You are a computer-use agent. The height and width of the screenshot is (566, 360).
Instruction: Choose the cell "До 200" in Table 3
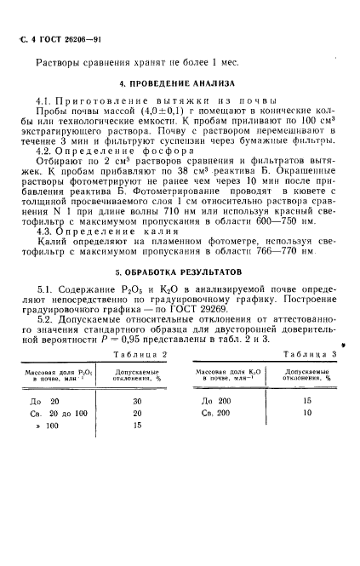217,400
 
